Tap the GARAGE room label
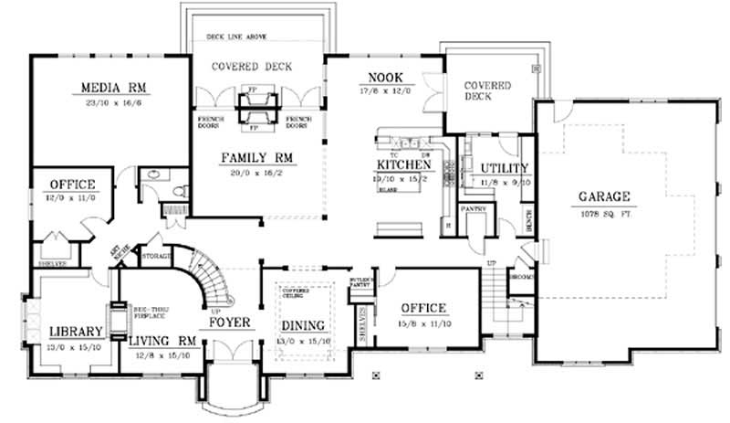(604, 196)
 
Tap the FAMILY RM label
(256, 157)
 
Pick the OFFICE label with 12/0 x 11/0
(73, 185)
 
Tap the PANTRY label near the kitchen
(473, 209)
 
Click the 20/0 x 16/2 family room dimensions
(256, 172)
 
